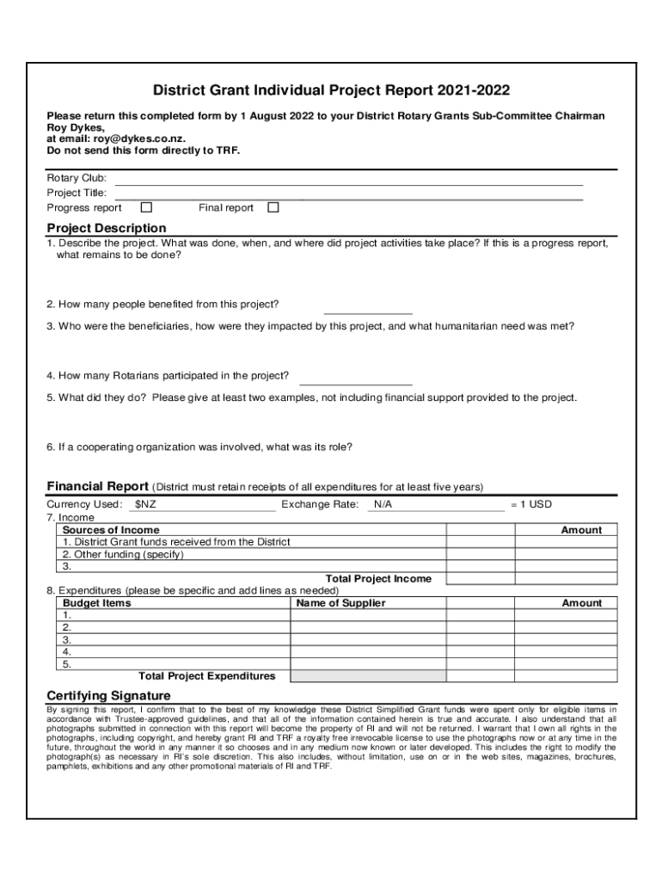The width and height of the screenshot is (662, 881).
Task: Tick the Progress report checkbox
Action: (x=146, y=207)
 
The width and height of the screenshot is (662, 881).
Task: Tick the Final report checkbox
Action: (x=273, y=207)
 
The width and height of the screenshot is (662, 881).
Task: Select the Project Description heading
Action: (x=107, y=228)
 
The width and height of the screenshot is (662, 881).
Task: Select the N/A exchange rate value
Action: (x=383, y=504)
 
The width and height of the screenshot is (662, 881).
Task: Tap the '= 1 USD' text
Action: (x=530, y=504)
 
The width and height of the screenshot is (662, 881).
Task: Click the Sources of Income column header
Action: (x=111, y=530)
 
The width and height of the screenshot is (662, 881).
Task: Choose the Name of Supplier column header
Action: (x=340, y=603)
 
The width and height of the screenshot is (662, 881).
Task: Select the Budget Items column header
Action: (x=97, y=603)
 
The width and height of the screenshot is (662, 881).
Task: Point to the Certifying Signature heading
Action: (x=108, y=695)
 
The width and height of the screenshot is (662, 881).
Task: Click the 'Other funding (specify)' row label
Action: (x=123, y=554)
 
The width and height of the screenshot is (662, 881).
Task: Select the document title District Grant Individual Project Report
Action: (x=330, y=90)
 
